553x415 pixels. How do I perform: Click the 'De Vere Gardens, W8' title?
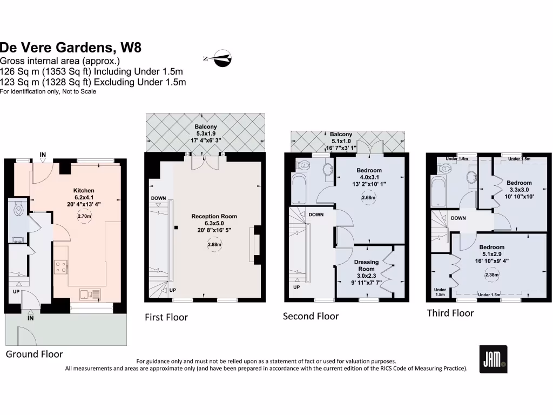tap(71, 48)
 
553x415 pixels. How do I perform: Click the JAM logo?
tap(493, 359)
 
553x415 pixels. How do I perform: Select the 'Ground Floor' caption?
tap(34, 354)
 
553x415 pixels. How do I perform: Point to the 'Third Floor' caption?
tap(450, 313)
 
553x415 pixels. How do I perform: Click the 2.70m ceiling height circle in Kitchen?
tap(84, 216)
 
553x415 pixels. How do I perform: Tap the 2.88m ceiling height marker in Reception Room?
tap(214, 244)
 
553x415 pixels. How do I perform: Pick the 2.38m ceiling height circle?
tap(491, 275)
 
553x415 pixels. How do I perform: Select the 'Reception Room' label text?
tap(214, 216)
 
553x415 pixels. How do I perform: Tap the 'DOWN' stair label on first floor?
tap(159, 198)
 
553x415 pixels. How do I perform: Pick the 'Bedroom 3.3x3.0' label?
tap(518, 186)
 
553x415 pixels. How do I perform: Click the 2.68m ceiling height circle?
tap(369, 198)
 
